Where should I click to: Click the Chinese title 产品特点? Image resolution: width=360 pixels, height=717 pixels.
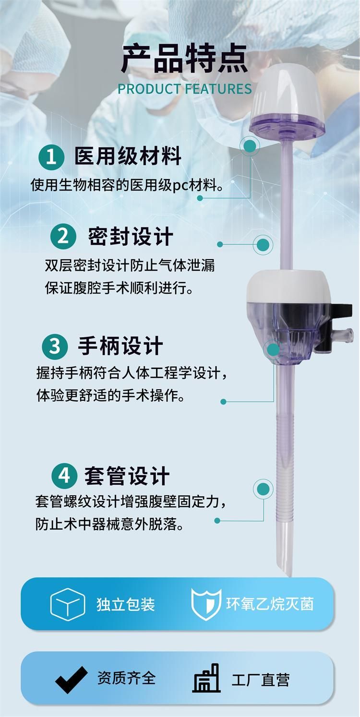(x=185, y=59)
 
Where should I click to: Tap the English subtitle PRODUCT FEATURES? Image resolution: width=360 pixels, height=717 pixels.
(x=185, y=89)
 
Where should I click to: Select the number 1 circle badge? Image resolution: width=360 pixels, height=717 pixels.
(x=51, y=157)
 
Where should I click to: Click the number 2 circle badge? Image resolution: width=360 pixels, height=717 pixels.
(x=63, y=237)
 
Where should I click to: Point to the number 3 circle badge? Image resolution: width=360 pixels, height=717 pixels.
(x=55, y=347)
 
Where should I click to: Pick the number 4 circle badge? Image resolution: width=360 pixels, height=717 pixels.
(x=64, y=476)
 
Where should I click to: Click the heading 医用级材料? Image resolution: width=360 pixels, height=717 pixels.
(x=128, y=156)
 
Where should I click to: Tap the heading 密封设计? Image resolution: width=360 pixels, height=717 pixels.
(x=131, y=237)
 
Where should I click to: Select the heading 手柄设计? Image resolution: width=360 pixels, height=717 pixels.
(x=120, y=346)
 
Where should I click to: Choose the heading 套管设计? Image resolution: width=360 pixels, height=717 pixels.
(x=127, y=476)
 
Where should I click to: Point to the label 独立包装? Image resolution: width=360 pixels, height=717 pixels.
(x=126, y=604)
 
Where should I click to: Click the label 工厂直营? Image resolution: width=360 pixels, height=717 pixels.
(x=260, y=680)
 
